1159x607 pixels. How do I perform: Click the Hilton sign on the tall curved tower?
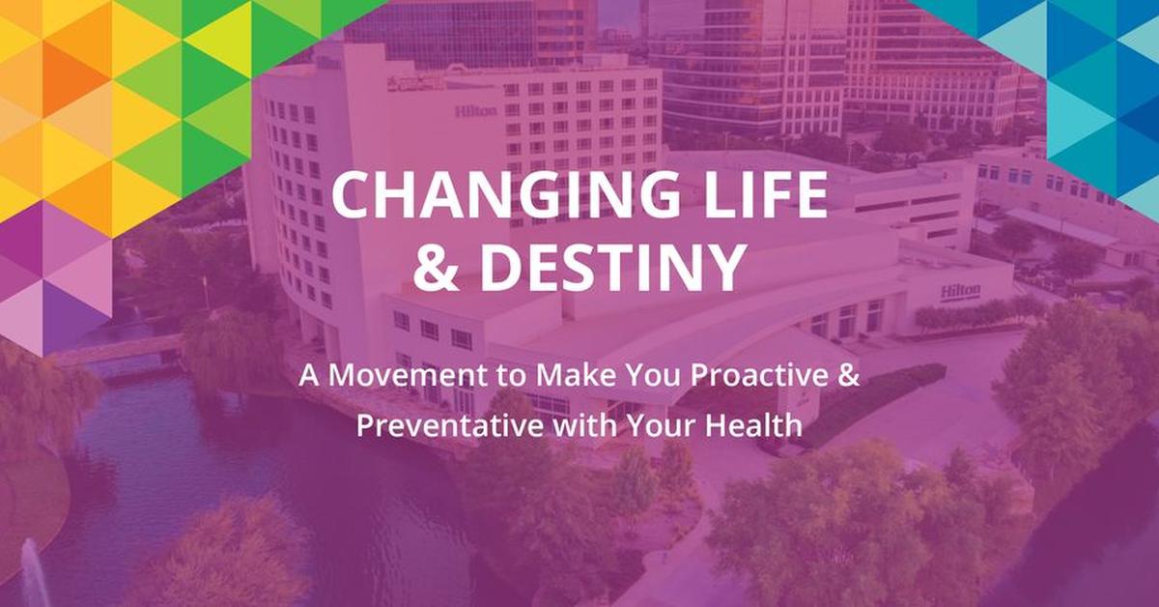(x=476, y=111)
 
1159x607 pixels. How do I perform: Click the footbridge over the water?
(x=116, y=349)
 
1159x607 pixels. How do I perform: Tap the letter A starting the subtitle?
(x=308, y=378)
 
